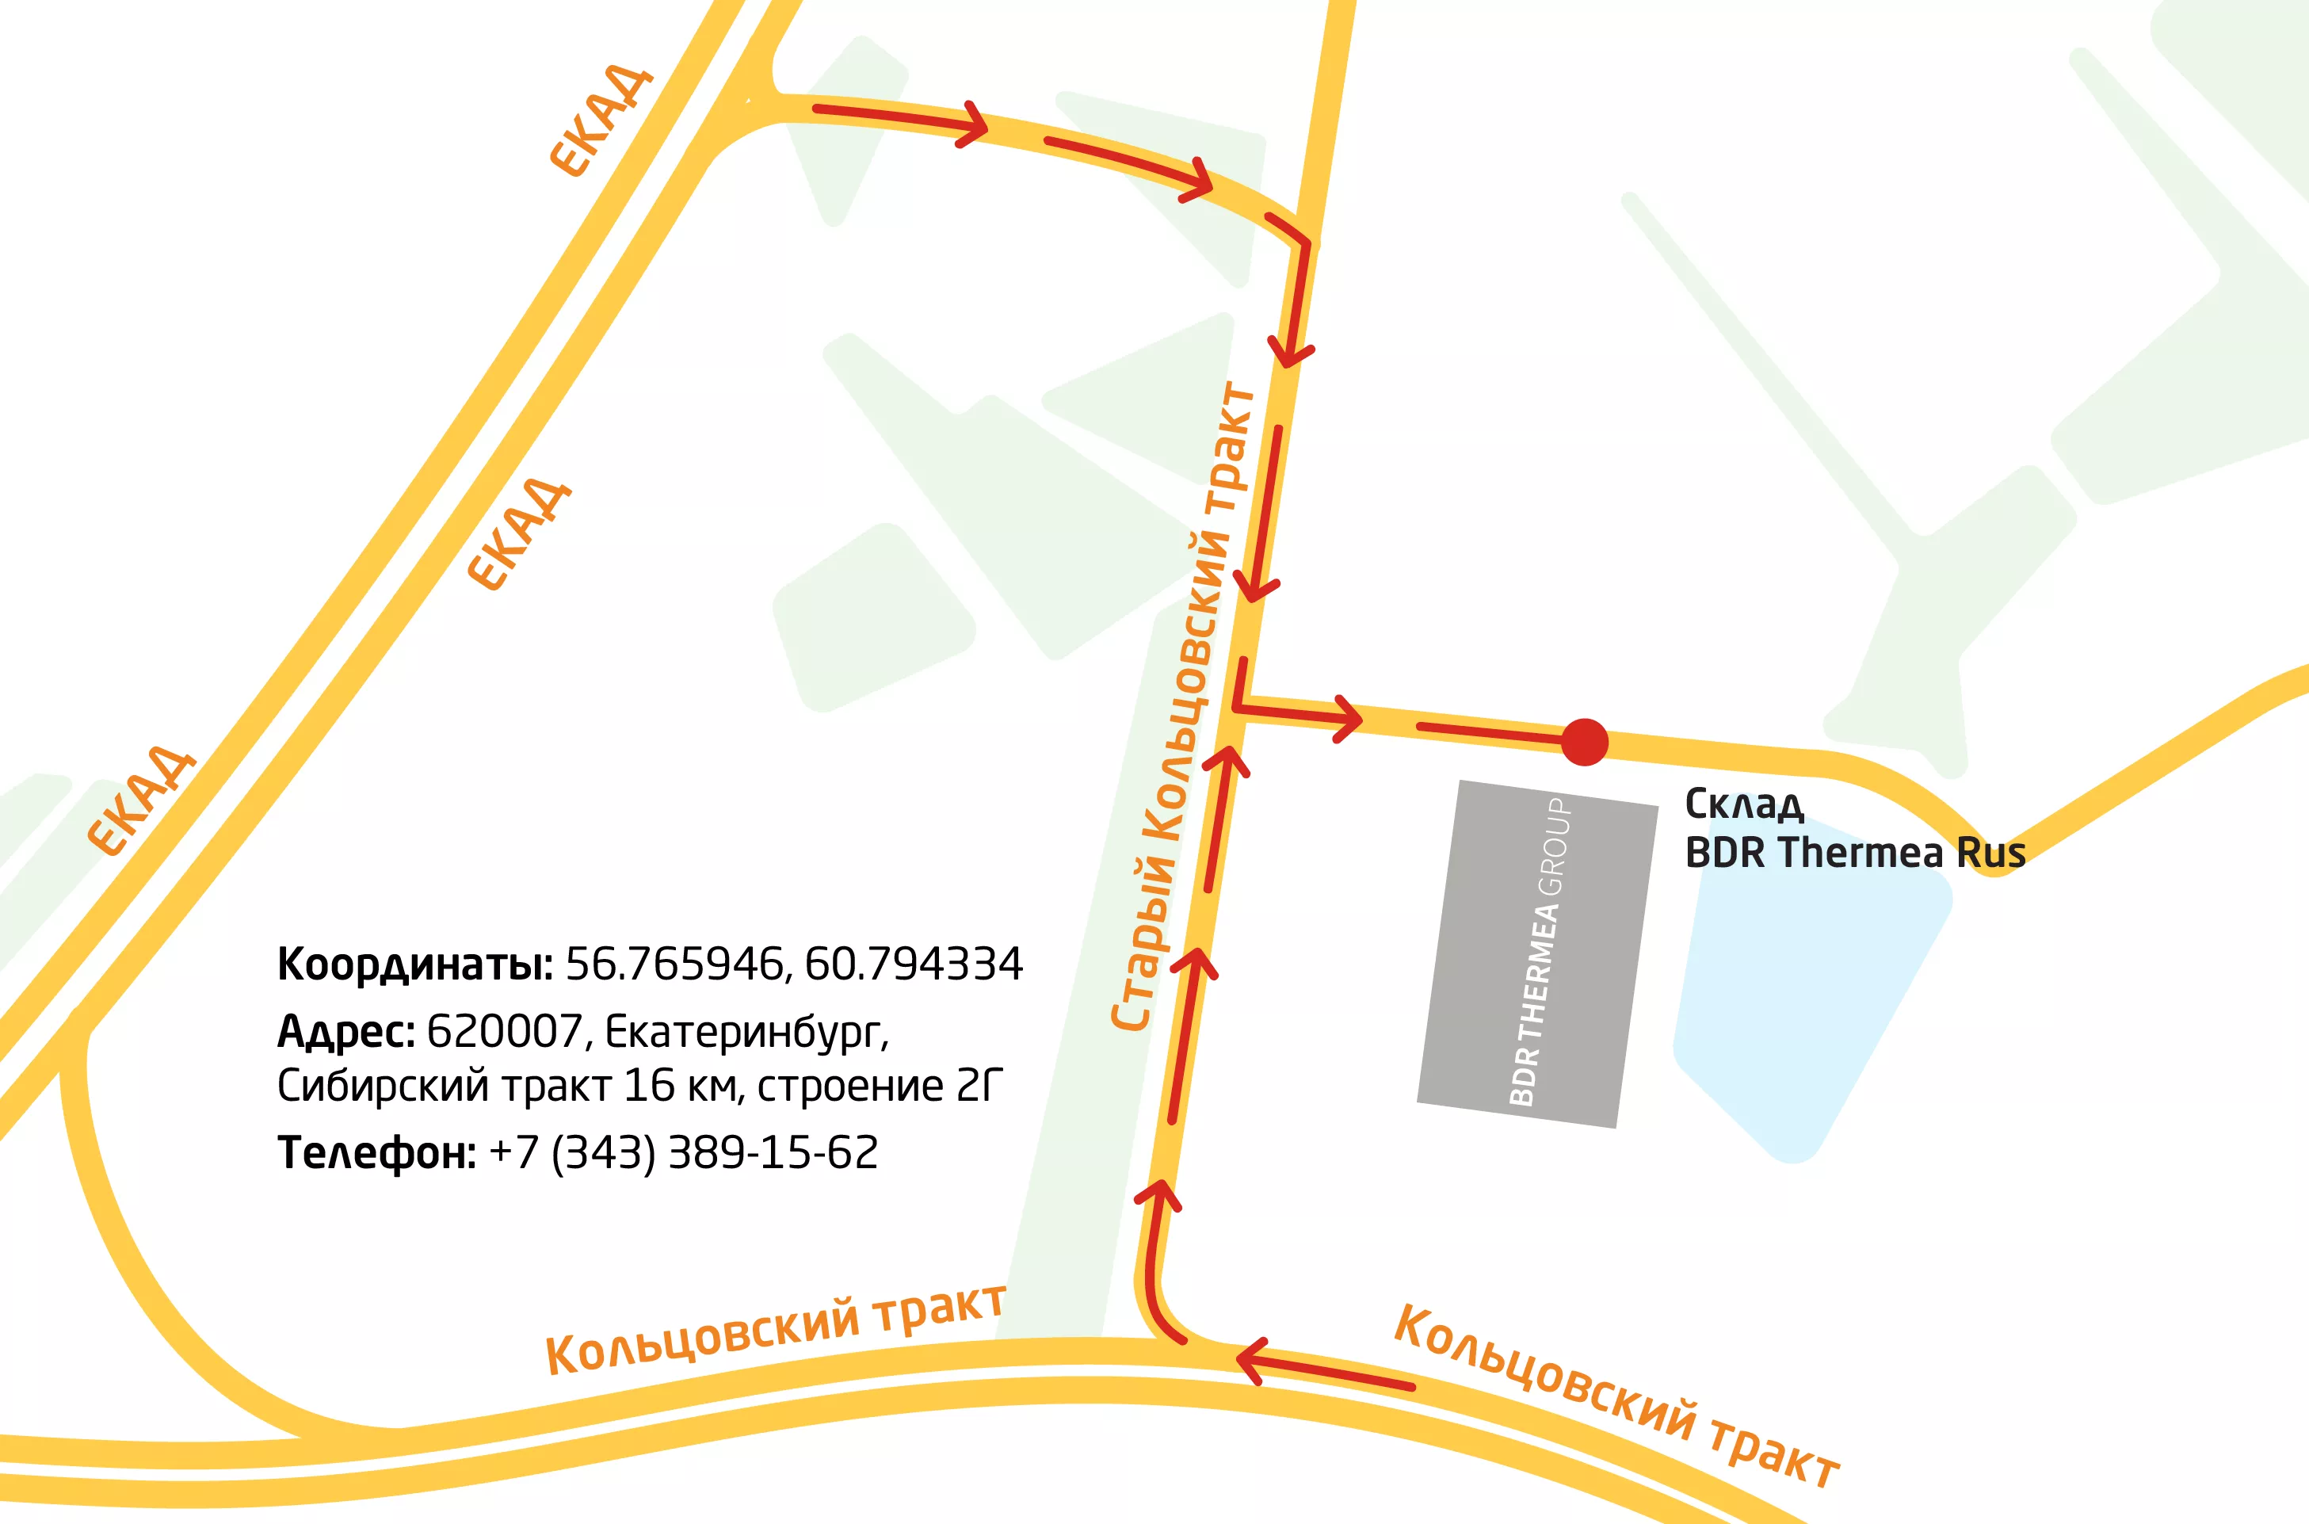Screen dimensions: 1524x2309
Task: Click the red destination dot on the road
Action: (x=1584, y=743)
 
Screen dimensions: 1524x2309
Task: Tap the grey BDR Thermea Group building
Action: (x=1537, y=953)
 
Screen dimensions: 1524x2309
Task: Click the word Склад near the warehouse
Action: (x=1744, y=804)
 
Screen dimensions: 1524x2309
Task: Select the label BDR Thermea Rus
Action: (x=1854, y=854)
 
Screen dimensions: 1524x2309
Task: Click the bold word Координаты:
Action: (x=415, y=964)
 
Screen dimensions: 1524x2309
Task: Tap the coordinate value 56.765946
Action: (x=674, y=964)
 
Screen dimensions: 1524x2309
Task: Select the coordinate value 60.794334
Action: (x=914, y=964)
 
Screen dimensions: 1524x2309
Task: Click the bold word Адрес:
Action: (x=346, y=1031)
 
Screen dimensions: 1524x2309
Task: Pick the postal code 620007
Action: (x=505, y=1031)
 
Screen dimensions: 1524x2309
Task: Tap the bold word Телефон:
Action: (x=376, y=1153)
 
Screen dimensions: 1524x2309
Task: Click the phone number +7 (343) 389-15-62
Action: (x=683, y=1153)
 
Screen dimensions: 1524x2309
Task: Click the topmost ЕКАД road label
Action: (x=601, y=120)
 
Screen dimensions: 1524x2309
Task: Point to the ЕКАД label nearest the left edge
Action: (x=142, y=801)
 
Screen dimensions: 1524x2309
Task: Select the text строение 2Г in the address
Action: (x=879, y=1087)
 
